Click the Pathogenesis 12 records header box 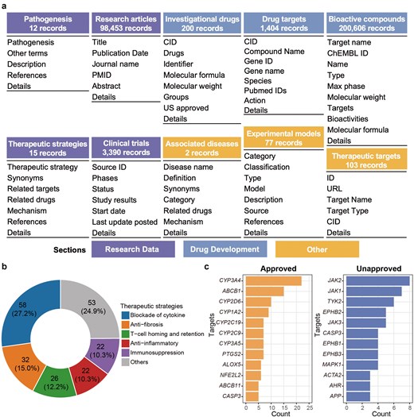(x=48, y=23)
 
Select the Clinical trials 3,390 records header (x=126, y=148)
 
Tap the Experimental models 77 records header (x=283, y=137)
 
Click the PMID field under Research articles (x=102, y=75)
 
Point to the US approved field (x=186, y=108)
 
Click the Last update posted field (x=125, y=222)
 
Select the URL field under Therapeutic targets (x=334, y=189)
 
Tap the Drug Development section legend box (x=225, y=249)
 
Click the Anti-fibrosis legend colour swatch (x=126, y=325)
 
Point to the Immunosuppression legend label (x=157, y=353)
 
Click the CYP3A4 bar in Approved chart (x=274, y=281)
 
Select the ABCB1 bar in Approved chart (x=264, y=292)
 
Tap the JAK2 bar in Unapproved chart (x=378, y=281)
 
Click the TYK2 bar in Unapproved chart (x=370, y=302)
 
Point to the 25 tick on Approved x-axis (x=309, y=408)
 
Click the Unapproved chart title (x=379, y=268)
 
